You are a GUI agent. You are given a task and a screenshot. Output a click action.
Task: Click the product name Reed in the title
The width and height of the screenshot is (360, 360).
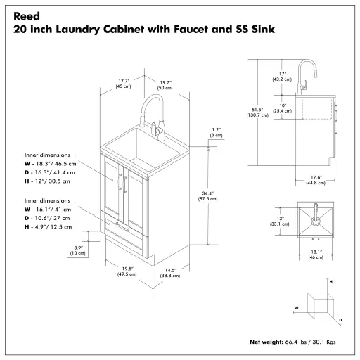click(26, 15)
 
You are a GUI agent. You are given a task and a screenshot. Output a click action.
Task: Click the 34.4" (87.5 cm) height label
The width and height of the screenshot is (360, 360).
click(206, 195)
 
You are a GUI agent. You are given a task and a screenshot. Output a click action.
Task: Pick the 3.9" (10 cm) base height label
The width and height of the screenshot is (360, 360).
click(79, 249)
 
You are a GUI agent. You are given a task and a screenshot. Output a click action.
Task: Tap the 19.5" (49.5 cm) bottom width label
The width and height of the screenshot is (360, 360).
click(127, 271)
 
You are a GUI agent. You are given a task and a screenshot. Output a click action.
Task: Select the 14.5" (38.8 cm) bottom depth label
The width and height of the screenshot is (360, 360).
click(168, 274)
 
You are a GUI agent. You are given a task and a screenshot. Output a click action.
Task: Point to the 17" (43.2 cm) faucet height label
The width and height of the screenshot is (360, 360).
click(282, 76)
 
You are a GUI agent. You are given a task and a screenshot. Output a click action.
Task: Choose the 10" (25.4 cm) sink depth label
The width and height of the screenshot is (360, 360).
click(282, 108)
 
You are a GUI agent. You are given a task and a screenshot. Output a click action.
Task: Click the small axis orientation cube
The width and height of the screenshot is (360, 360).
click(321, 304)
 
